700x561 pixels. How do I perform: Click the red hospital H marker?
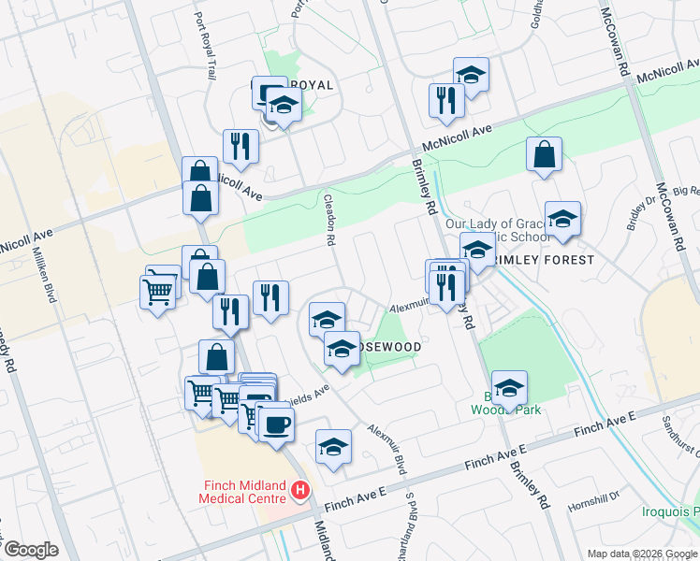(x=300, y=489)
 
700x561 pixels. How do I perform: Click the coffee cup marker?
(x=274, y=425)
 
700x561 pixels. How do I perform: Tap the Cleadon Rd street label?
(x=329, y=221)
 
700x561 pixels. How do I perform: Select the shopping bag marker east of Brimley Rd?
(x=544, y=155)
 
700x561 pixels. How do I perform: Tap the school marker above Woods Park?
(x=509, y=387)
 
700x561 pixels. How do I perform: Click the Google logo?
(x=30, y=550)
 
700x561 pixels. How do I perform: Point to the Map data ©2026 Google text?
(x=643, y=554)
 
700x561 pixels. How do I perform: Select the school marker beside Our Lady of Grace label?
(x=562, y=220)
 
